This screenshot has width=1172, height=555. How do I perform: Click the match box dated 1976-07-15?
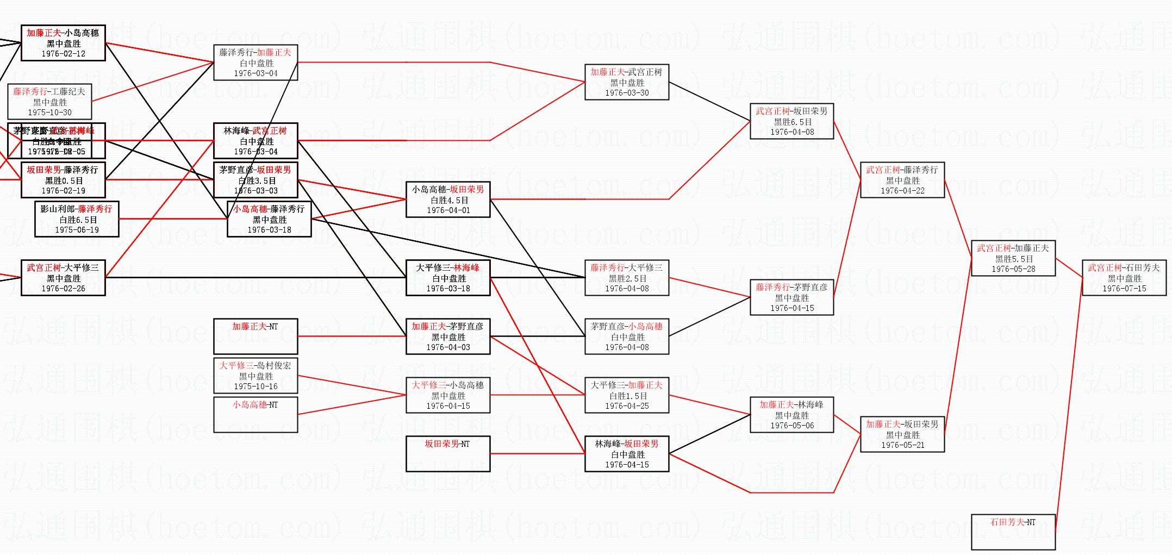click(1124, 278)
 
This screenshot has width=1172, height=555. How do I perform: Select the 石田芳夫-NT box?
click(1013, 532)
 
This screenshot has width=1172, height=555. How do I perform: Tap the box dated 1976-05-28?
click(1013, 258)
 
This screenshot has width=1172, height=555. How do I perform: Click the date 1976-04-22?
click(902, 191)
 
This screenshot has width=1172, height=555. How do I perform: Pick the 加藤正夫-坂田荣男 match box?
click(902, 434)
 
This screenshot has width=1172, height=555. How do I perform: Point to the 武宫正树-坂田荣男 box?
click(791, 121)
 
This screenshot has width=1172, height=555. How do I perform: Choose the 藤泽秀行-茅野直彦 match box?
click(791, 297)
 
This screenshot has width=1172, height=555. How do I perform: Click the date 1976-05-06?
click(792, 426)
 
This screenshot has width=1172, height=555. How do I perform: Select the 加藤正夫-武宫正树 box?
click(626, 82)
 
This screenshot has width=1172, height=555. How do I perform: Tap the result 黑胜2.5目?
click(627, 278)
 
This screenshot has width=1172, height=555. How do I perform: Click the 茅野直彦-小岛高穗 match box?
click(626, 336)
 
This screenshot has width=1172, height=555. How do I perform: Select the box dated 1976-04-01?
click(448, 199)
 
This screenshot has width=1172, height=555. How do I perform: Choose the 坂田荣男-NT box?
click(448, 453)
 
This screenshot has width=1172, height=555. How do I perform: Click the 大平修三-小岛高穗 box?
click(448, 395)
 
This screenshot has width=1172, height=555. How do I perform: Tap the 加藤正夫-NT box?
click(255, 336)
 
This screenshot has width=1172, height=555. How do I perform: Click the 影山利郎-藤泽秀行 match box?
click(77, 219)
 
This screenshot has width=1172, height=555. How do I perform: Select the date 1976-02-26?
click(64, 289)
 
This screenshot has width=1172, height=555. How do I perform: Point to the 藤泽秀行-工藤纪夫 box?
click(49, 102)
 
